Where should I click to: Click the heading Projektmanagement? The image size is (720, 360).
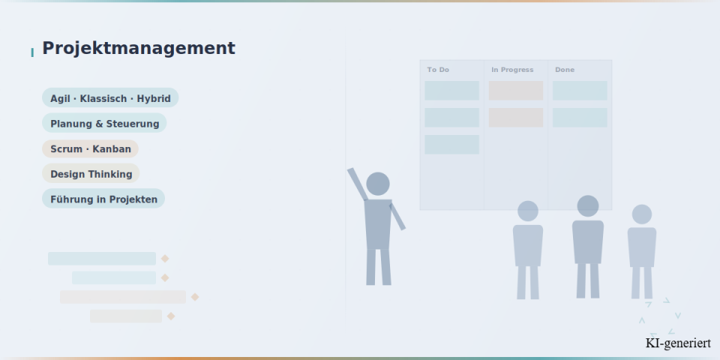pyautogui.click(x=139, y=48)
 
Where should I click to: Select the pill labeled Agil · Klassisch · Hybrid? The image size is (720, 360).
pyautogui.click(x=110, y=97)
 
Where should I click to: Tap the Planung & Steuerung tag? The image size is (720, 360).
pyautogui.click(x=104, y=123)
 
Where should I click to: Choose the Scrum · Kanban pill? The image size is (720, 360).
pyautogui.click(x=91, y=148)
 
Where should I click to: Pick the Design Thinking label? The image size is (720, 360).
pyautogui.click(x=91, y=173)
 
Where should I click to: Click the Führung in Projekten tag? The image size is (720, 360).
pyautogui.click(x=103, y=199)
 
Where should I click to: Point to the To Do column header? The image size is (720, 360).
pyautogui.click(x=438, y=70)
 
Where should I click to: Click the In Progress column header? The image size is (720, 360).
pyautogui.click(x=512, y=70)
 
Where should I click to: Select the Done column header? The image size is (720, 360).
pyautogui.click(x=565, y=70)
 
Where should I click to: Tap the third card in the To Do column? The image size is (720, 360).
pyautogui.click(x=451, y=145)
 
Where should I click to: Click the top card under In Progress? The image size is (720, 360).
pyautogui.click(x=516, y=91)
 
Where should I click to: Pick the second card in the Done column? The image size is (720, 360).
pyautogui.click(x=580, y=118)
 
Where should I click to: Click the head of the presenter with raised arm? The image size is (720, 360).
pyautogui.click(x=378, y=184)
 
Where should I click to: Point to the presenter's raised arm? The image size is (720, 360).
pyautogui.click(x=358, y=184)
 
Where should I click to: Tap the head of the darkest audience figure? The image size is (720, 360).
pyautogui.click(x=588, y=206)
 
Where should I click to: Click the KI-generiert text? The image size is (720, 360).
pyautogui.click(x=678, y=343)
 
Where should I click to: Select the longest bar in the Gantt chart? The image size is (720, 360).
pyautogui.click(x=123, y=297)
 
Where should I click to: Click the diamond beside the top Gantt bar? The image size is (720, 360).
pyautogui.click(x=165, y=259)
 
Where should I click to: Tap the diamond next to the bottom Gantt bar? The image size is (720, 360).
pyautogui.click(x=171, y=316)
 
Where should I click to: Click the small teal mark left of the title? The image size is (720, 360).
pyautogui.click(x=32, y=52)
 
